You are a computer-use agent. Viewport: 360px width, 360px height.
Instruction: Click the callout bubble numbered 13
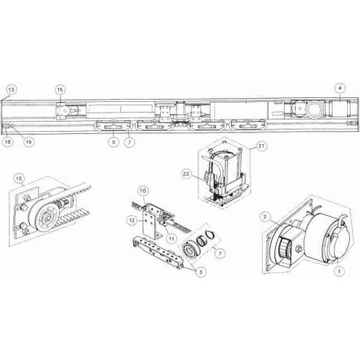11,90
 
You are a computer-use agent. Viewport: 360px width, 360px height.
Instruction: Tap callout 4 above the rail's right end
340,89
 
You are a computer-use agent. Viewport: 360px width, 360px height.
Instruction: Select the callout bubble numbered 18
8,142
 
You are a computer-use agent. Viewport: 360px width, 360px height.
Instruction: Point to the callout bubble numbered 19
29,142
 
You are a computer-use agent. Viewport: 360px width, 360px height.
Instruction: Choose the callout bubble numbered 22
187,174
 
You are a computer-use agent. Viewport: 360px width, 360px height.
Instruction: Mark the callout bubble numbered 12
133,220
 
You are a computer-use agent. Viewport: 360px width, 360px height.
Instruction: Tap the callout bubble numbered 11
172,238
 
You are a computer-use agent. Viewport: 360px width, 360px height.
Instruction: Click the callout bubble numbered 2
265,217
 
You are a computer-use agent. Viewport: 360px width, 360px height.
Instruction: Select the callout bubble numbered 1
339,271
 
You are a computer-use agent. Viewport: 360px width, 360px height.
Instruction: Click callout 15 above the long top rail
60,90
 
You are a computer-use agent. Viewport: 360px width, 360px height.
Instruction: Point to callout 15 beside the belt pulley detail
19,178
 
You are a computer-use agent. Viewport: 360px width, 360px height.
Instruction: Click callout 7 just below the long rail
129,142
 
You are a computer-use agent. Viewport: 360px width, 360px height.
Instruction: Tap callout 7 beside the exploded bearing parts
219,254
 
